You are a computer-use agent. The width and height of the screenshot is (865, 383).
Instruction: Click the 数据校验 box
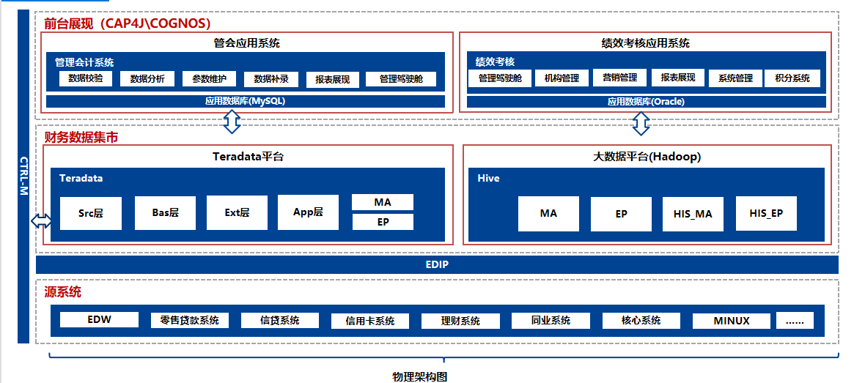(x=85, y=79)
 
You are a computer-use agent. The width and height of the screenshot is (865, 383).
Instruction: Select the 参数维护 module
(x=210, y=79)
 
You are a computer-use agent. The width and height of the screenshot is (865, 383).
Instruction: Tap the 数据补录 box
(x=271, y=79)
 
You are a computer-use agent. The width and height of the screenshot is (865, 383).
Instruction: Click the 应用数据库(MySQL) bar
(x=245, y=102)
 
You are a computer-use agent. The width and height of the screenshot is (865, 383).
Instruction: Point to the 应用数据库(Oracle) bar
(x=646, y=102)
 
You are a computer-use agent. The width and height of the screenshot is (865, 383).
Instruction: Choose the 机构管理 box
(x=562, y=78)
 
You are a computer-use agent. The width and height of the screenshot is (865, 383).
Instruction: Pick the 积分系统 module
(x=792, y=78)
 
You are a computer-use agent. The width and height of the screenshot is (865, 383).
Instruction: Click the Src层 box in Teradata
(x=91, y=213)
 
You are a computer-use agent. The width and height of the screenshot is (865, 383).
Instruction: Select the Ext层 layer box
(x=238, y=212)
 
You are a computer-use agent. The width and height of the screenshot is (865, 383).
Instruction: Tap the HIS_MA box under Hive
(x=693, y=214)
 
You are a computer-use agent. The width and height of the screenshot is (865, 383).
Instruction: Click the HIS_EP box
(x=766, y=213)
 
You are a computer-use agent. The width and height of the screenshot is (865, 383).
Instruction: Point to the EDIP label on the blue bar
(x=438, y=264)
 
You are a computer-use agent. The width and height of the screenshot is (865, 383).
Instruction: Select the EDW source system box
(x=99, y=319)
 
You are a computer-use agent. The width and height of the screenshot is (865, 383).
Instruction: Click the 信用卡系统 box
(x=369, y=321)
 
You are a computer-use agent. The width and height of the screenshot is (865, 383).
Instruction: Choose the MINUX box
(x=732, y=321)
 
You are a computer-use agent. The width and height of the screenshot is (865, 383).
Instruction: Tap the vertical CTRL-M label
(x=23, y=176)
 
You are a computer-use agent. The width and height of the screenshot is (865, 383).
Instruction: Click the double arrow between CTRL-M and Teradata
(x=41, y=220)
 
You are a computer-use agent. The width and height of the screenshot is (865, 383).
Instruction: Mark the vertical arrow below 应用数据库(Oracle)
(x=641, y=124)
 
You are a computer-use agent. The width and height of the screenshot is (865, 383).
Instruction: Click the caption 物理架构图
(x=419, y=376)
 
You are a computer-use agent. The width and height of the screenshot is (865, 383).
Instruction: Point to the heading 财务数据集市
(x=81, y=136)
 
